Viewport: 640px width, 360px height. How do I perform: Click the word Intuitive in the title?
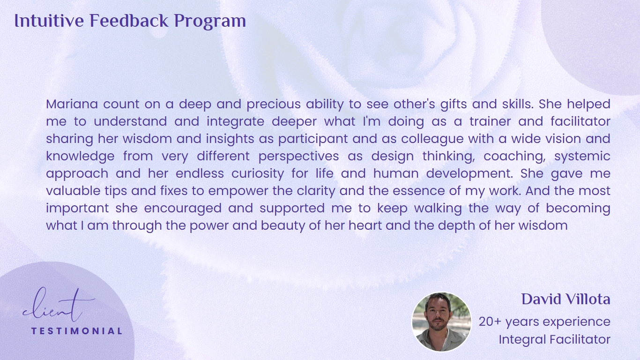(49, 21)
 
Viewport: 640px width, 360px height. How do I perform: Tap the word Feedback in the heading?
(129, 21)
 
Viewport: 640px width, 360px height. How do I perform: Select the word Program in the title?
(210, 22)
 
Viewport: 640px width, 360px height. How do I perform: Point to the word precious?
(274, 105)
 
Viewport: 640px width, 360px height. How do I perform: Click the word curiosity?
(258, 174)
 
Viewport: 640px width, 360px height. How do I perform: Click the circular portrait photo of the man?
(441, 322)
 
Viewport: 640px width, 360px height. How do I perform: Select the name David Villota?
(566, 300)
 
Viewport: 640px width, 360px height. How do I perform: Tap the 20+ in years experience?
(490, 322)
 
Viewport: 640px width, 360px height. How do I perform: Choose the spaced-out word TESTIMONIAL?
(77, 331)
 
